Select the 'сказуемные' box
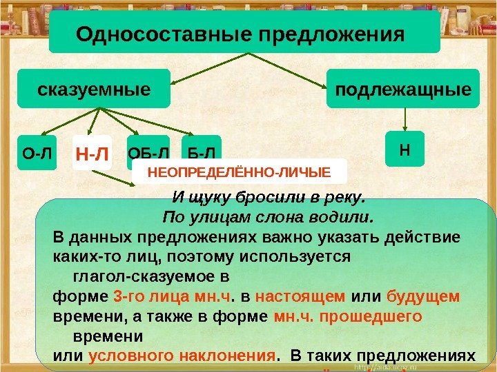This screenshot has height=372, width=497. click(93, 89)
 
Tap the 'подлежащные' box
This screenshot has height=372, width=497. click(403, 89)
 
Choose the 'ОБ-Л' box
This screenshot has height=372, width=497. click(148, 151)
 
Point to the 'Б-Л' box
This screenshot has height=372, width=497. click(201, 151)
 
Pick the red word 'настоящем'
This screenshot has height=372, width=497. click(300, 297)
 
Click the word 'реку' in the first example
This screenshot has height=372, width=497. click(343, 199)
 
